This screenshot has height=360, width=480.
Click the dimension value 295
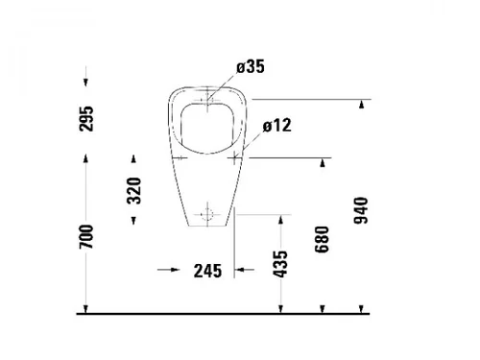coord(86,119)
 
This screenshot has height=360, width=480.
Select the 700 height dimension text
coord(86,237)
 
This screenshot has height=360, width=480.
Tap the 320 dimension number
coord(134,191)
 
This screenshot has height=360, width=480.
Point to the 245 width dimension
coord(207,271)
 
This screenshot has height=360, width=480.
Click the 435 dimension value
coord(280,264)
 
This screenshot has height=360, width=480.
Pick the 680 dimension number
coord(322,239)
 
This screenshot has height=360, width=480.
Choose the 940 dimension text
coord(361,210)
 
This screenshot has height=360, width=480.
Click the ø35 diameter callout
coord(251,67)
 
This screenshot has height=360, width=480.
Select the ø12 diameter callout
coord(277,125)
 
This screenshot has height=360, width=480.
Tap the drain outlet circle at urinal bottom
coord(207,214)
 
